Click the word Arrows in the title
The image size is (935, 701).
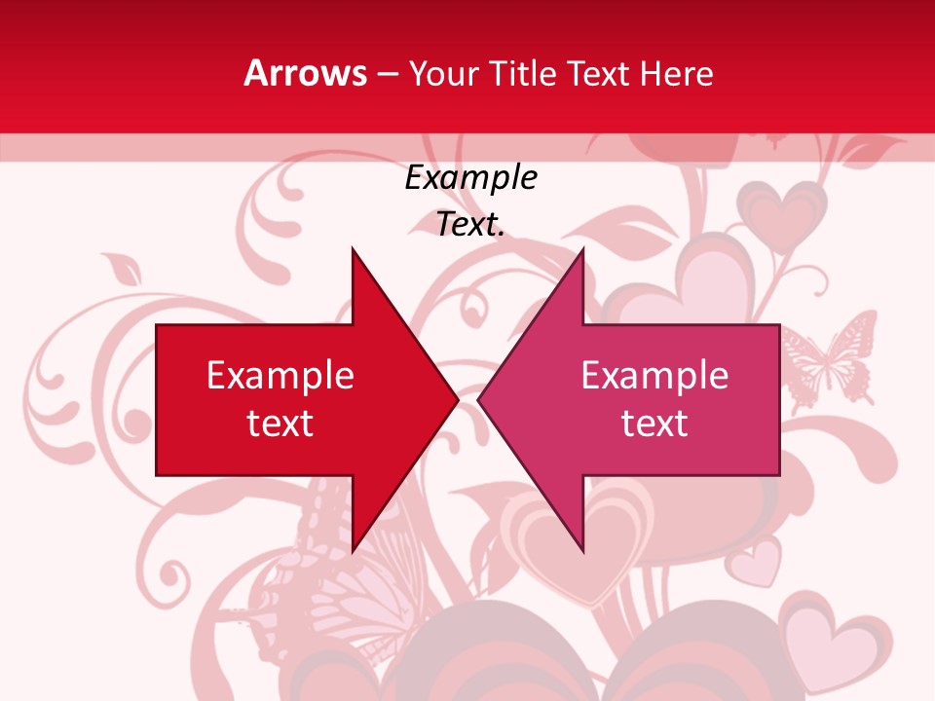(x=306, y=73)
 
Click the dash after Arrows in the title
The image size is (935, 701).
(x=387, y=74)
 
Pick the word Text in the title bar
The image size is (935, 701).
(x=599, y=73)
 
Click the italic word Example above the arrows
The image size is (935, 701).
(x=470, y=178)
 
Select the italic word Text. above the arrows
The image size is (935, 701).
(x=470, y=225)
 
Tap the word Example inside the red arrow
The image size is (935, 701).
(x=280, y=376)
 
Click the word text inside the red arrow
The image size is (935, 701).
(x=280, y=424)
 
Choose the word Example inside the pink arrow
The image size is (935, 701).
(x=654, y=376)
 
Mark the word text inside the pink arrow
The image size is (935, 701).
(x=654, y=424)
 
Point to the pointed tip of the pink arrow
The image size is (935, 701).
(x=480, y=399)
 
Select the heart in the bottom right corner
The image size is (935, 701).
(x=828, y=643)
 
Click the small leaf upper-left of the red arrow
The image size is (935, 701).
(x=123, y=268)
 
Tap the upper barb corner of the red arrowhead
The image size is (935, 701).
(x=353, y=250)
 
